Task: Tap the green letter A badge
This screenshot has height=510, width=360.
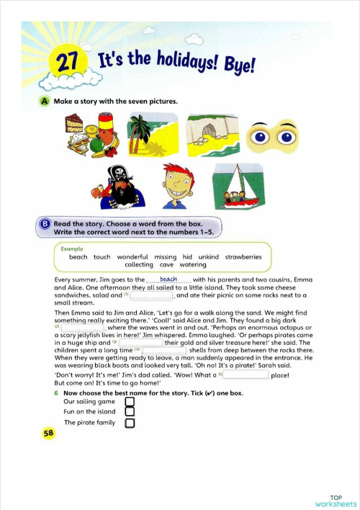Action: [x=45, y=102]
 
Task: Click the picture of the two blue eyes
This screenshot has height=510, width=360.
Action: [x=272, y=137]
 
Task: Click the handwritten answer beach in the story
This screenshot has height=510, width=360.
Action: [x=168, y=279]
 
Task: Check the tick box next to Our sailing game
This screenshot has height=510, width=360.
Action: [x=130, y=402]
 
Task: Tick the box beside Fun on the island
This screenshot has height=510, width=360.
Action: [x=130, y=413]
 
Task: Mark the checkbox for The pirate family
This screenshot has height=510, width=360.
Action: [x=130, y=423]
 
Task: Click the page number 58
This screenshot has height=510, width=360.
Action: [x=48, y=433]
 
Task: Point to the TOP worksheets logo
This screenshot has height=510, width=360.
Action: [x=335, y=501]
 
